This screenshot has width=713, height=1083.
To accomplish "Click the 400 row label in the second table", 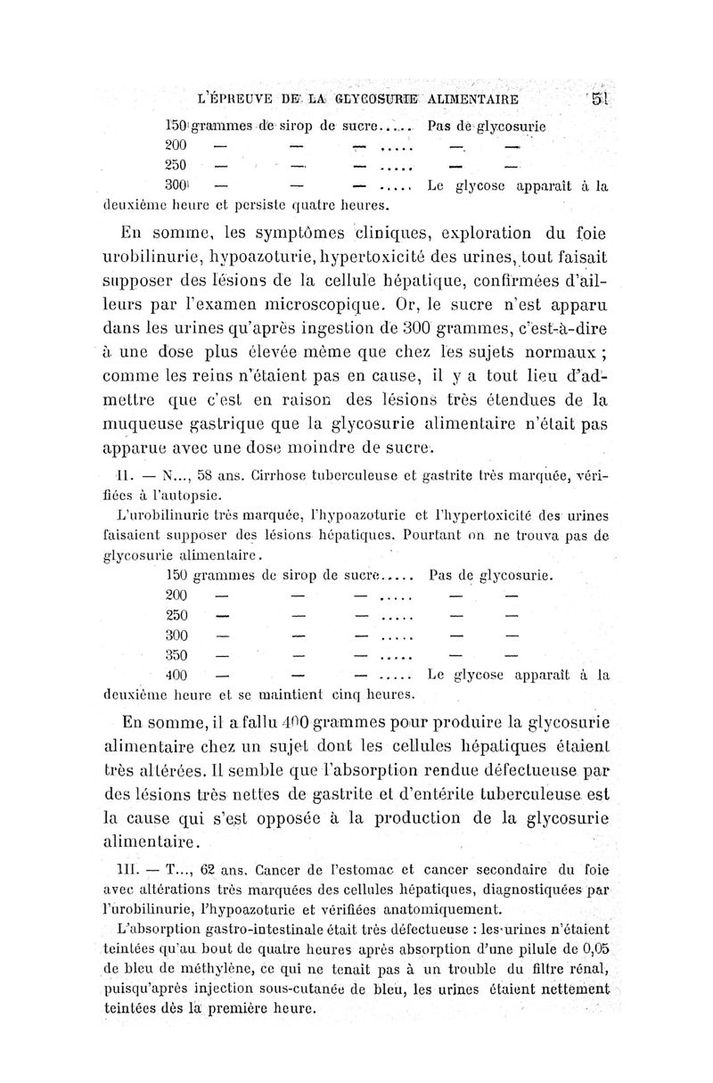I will (x=179, y=675).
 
